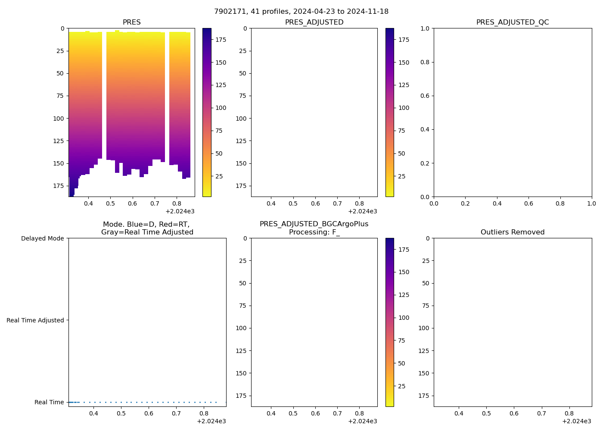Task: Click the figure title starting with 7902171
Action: [301, 11]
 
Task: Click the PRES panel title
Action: [131, 22]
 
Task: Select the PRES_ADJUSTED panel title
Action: [314, 22]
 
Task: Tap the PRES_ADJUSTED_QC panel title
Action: [513, 22]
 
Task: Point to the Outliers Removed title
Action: [513, 232]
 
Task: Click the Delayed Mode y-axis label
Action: [42, 238]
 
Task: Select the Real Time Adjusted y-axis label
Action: [35, 320]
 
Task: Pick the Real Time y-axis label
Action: [49, 402]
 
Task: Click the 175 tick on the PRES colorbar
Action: [221, 40]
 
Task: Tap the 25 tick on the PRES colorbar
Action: [219, 176]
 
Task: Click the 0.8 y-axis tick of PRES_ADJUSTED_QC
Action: [425, 62]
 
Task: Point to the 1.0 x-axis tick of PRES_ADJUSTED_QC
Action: [591, 203]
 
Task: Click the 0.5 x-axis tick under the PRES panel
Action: [110, 203]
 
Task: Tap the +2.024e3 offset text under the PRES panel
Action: [180, 211]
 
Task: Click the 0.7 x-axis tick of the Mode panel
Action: [176, 413]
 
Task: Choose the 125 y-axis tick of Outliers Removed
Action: [424, 351]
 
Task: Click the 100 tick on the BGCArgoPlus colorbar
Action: [404, 318]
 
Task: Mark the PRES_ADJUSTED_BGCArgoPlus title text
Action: [314, 224]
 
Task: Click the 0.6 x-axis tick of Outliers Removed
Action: [514, 413]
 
